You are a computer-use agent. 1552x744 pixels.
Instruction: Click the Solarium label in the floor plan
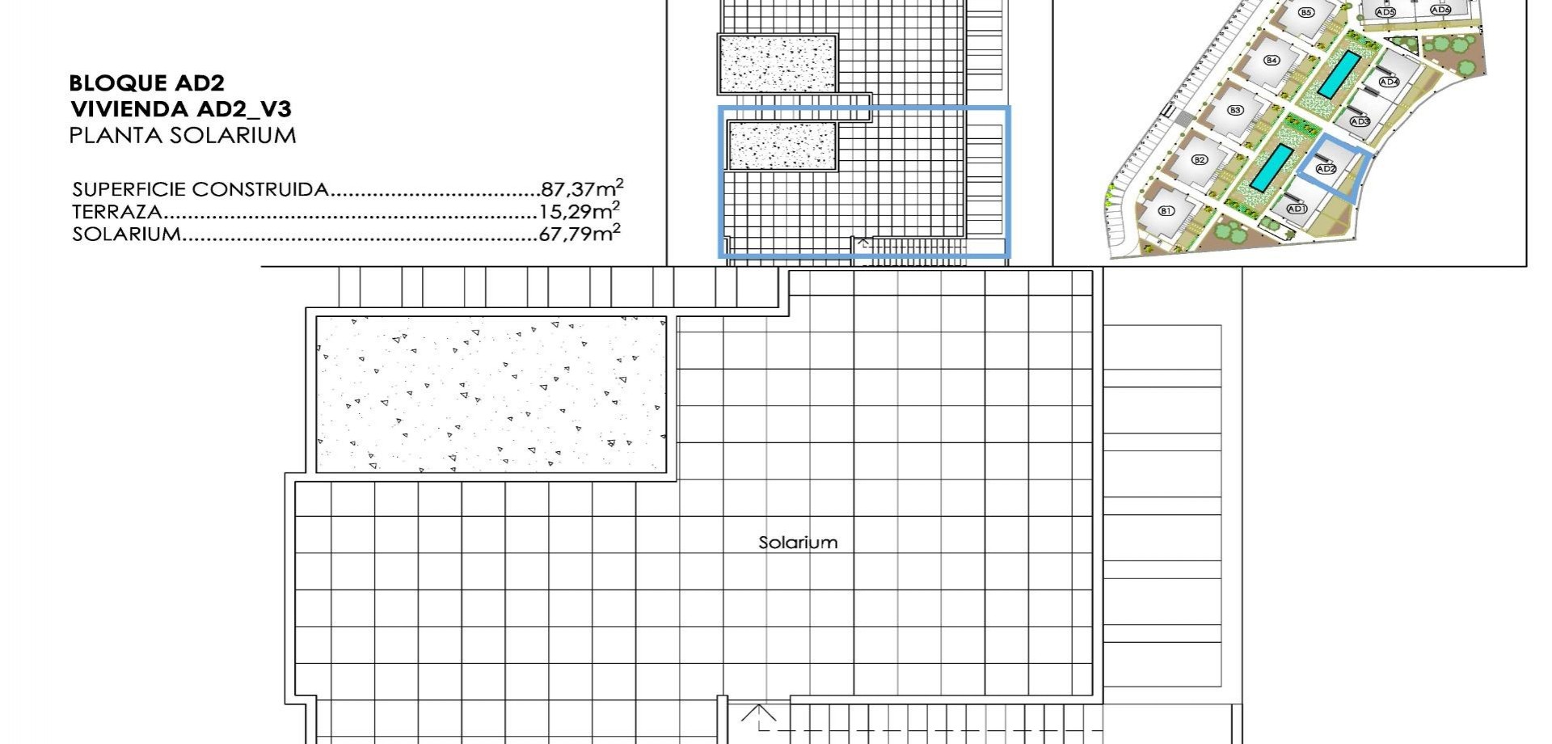click(798, 542)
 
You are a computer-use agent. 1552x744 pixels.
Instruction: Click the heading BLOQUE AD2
click(147, 82)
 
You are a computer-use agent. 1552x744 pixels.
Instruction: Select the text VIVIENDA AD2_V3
click(180, 108)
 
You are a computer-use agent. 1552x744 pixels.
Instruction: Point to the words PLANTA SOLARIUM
click(183, 135)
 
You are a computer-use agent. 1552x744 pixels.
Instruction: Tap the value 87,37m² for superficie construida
click(582, 188)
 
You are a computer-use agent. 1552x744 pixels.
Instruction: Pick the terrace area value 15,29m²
click(580, 211)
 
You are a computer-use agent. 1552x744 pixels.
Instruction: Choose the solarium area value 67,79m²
click(580, 234)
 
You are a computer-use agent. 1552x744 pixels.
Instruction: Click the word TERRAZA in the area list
click(117, 212)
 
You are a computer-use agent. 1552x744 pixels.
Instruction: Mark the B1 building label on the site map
click(1166, 211)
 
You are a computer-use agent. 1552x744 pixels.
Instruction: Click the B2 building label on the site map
click(1200, 160)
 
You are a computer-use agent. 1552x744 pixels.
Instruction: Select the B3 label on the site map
click(1234, 110)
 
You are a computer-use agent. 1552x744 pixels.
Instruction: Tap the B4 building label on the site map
click(1272, 60)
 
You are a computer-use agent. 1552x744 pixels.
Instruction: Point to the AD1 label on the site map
click(1297, 209)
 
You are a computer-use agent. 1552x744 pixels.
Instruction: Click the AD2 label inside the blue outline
click(1326, 169)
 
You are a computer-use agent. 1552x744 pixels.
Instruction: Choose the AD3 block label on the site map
click(1360, 121)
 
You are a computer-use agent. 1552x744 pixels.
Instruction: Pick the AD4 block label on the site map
click(1389, 82)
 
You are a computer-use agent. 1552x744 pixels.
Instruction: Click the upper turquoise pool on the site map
click(1340, 74)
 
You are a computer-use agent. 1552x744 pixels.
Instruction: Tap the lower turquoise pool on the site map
click(1271, 168)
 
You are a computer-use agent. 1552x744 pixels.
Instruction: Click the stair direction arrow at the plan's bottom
click(758, 712)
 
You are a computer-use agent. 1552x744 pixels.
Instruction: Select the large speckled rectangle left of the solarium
click(491, 395)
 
